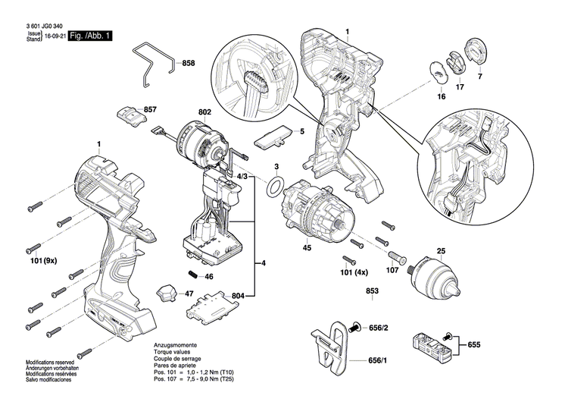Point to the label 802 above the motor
pos(204,112)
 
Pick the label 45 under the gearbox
pos(307,247)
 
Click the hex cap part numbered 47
pos(167,293)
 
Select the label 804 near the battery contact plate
pos(238,295)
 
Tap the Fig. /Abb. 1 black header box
pos(89,36)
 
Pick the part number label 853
pos(372,291)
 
